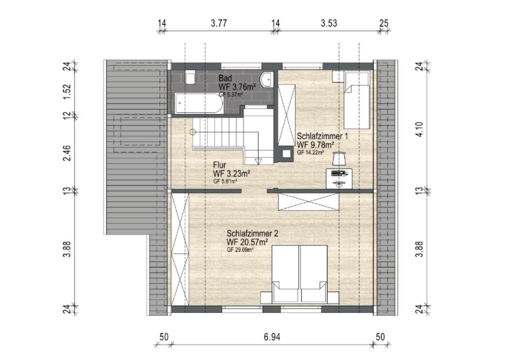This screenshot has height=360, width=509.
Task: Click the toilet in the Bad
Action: click(190, 77)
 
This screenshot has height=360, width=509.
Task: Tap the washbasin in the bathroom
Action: click(267, 79)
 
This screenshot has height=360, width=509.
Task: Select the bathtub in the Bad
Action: click(199, 103)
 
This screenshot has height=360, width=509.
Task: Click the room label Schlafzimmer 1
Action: click(322, 136)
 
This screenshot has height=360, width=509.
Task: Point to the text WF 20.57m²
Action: click(247, 242)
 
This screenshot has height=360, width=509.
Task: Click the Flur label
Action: click(220, 165)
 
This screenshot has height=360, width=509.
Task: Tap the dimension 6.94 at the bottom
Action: click(272, 337)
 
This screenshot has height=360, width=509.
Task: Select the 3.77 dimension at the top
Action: click(219, 23)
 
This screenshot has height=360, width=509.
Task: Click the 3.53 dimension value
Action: click(329, 23)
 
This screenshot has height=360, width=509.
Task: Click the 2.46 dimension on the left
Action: click(67, 153)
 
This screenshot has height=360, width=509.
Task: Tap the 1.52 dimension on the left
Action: click(67, 92)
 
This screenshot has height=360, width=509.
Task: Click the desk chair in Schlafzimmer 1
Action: click(339, 158)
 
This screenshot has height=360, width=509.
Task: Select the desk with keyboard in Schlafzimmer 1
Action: click(339, 179)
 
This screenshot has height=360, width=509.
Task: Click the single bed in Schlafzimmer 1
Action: click(357, 100)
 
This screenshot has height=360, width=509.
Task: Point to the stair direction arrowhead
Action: click(258, 162)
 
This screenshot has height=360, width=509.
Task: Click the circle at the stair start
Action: click(193, 132)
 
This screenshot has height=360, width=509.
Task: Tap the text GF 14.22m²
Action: click(310, 152)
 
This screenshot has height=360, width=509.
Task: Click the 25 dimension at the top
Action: click(384, 23)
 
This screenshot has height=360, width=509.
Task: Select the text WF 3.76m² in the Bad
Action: click(237, 87)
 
